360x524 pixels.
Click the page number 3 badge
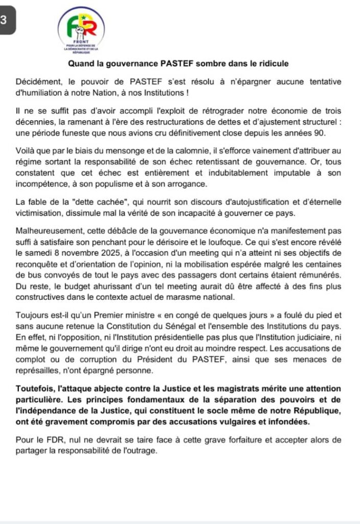point(4,20)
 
